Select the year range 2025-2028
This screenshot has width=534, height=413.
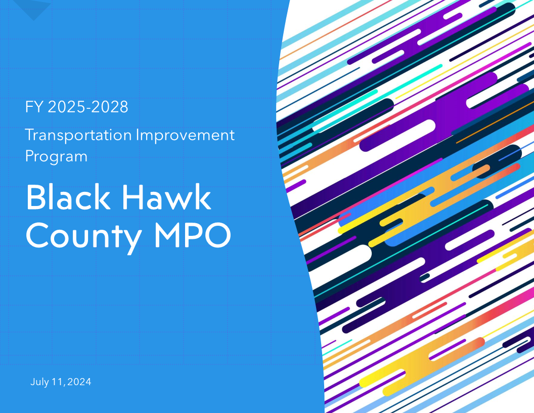(88, 107)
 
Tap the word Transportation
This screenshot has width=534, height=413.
(78, 136)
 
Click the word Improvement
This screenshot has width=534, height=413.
(186, 136)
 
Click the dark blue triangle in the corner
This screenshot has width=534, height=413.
(31, 9)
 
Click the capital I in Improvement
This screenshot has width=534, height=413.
(138, 136)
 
